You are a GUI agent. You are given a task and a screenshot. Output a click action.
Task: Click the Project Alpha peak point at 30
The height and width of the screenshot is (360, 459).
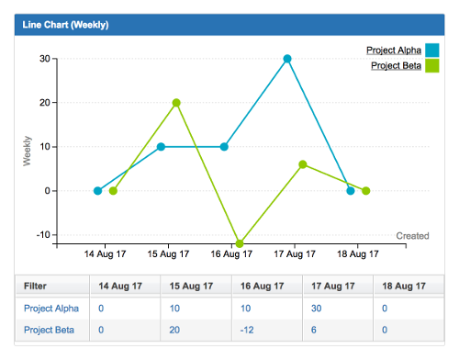(x=287, y=59)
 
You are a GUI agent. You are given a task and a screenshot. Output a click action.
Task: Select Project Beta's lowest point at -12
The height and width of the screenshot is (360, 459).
(x=240, y=243)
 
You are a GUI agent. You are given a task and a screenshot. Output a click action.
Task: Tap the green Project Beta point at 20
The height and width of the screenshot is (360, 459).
(x=176, y=103)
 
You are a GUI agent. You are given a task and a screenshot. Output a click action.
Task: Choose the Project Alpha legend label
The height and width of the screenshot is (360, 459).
(x=394, y=50)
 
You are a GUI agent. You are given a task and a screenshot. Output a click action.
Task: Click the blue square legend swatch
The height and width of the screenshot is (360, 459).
(x=432, y=50)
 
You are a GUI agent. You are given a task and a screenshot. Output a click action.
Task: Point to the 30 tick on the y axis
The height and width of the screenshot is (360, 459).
(x=43, y=59)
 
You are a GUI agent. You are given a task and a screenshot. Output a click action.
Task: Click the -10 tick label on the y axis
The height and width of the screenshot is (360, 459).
(x=41, y=235)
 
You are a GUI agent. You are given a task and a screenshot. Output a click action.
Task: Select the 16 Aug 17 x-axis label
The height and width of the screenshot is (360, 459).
(x=232, y=253)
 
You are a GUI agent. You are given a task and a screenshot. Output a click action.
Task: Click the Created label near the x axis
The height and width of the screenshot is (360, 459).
(x=412, y=236)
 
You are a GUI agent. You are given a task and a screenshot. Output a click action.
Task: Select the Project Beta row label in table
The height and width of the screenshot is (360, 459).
(x=50, y=329)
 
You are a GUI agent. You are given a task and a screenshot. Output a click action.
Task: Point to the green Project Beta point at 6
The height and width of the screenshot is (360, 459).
(x=303, y=164)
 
